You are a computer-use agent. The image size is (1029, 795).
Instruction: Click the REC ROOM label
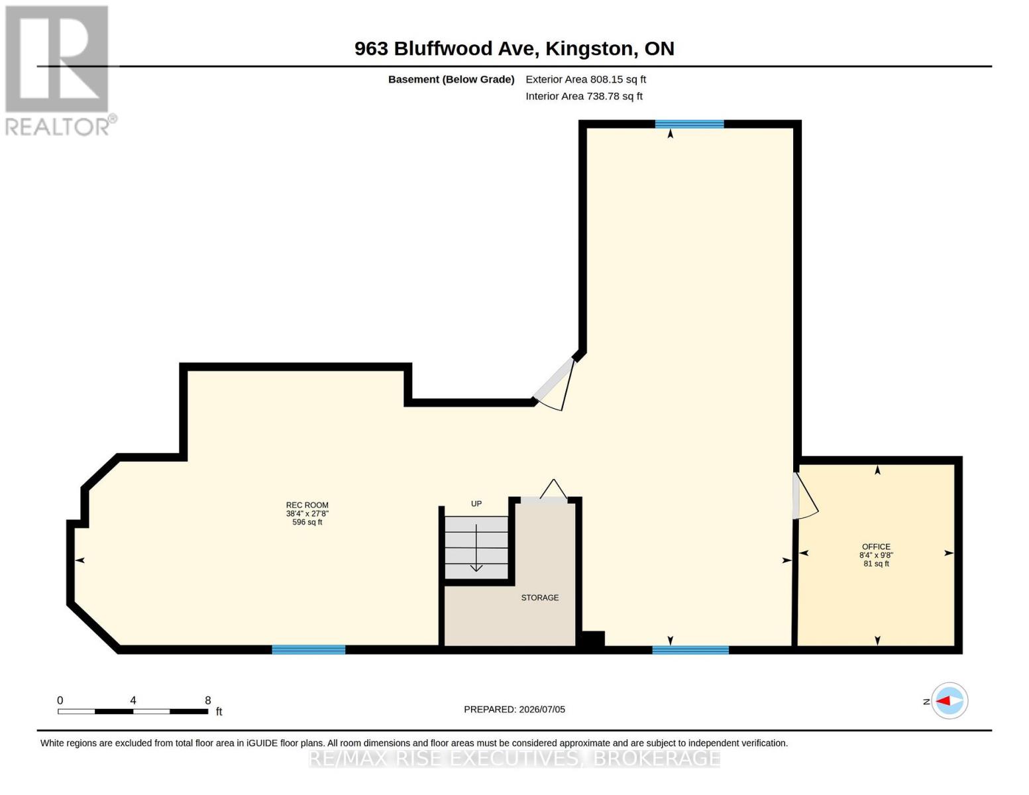coord(307,505)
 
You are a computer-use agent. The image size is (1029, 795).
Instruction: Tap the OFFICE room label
coord(876,547)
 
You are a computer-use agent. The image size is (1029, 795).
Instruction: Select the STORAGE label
coord(540,598)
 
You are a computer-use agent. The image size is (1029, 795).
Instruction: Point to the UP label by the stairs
coord(476,503)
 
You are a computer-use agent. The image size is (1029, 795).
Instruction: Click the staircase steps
coord(476,547)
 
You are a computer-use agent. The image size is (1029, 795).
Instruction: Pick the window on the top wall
coord(690,124)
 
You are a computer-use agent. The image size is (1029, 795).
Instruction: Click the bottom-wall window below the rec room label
coord(308,650)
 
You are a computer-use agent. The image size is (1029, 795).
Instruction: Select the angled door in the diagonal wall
coord(554,384)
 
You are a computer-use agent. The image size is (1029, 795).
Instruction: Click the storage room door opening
coord(544,500)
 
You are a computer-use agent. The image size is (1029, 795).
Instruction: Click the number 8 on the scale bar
coord(208,700)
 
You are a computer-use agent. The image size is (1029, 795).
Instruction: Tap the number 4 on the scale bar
coord(133,700)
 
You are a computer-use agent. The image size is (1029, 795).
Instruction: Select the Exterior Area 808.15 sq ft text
coord(586,79)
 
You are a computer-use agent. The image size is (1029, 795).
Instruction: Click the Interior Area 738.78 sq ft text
coord(584,96)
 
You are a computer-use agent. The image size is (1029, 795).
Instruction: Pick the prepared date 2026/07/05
coord(542,710)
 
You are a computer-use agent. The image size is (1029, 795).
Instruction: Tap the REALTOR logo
coord(59,71)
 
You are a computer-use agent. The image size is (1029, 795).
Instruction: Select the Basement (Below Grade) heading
coord(451,79)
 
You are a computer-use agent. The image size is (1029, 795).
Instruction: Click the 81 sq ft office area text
coord(876,564)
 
